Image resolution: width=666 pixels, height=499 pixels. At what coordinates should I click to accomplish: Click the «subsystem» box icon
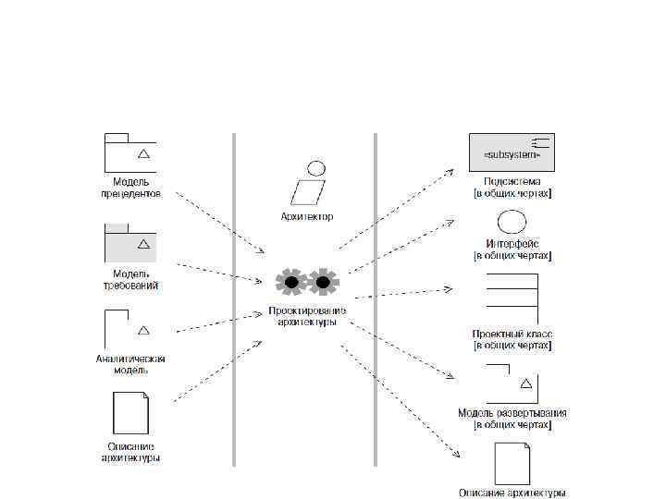pyautogui.click(x=512, y=152)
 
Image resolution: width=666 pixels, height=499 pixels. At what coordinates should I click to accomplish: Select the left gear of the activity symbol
pyautogui.click(x=291, y=282)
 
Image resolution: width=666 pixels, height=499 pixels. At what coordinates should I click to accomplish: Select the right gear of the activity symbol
pyautogui.click(x=323, y=282)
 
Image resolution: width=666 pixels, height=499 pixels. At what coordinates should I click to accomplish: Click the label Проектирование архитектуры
pyautogui.click(x=307, y=317)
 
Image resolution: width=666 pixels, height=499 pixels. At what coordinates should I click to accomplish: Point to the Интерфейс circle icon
pyautogui.click(x=512, y=223)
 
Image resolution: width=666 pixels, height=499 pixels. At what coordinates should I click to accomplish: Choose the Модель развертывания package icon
pyautogui.click(x=512, y=383)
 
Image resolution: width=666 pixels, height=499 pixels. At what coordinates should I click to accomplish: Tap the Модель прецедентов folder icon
pyautogui.click(x=130, y=153)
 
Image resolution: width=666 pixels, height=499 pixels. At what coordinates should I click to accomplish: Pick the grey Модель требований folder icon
pyautogui.click(x=130, y=243)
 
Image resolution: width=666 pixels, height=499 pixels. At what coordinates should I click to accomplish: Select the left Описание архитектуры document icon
pyautogui.click(x=130, y=414)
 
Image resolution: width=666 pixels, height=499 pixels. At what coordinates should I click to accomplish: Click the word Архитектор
pyautogui.click(x=307, y=217)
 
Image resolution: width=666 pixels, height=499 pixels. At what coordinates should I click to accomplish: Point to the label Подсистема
pyautogui.click(x=512, y=181)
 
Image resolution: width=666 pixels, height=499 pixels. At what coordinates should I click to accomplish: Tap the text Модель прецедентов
pyautogui.click(x=130, y=189)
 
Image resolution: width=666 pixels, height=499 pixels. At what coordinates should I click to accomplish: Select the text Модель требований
pyautogui.click(x=130, y=279)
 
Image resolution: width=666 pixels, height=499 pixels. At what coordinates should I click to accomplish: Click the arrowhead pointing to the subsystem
pyautogui.click(x=450, y=171)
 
